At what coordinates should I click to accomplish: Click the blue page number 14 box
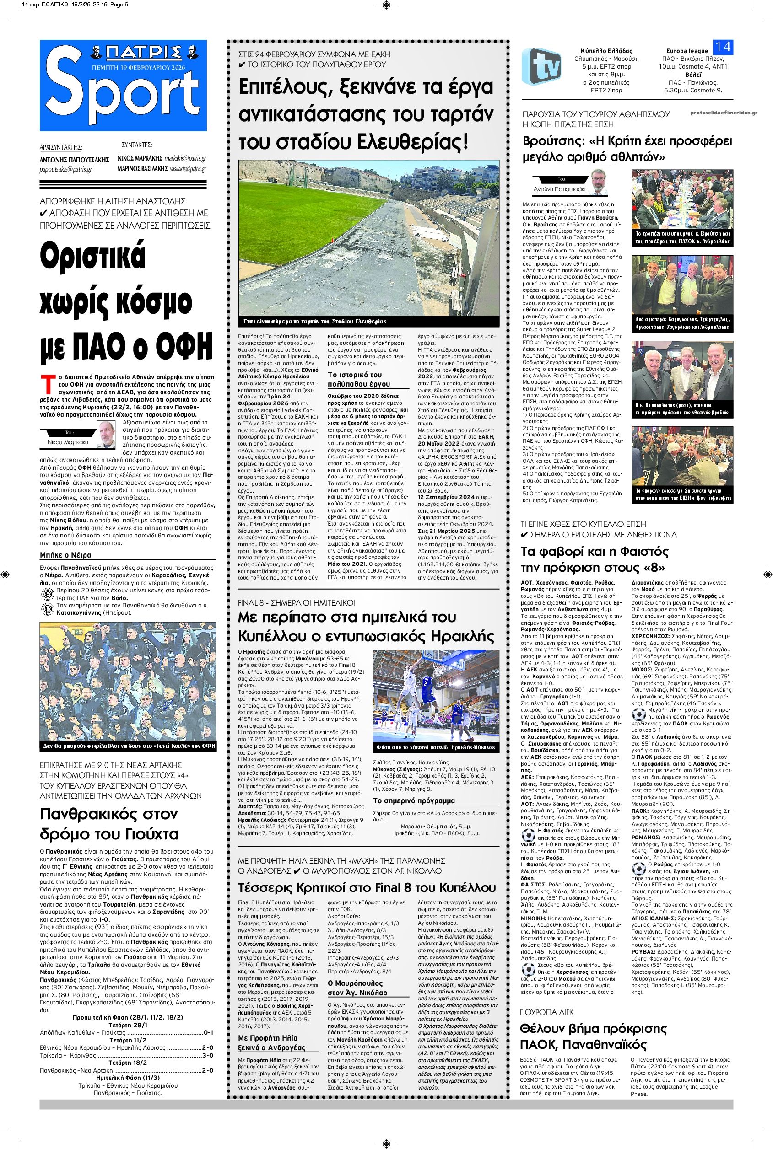click(x=723, y=47)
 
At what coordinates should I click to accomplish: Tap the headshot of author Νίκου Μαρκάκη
click(x=104, y=435)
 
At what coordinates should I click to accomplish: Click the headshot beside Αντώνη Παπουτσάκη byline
click(x=599, y=183)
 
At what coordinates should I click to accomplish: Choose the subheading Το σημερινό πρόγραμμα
click(x=407, y=800)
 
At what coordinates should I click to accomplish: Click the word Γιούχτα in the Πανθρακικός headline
click(x=152, y=834)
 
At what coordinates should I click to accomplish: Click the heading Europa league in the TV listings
click(x=687, y=51)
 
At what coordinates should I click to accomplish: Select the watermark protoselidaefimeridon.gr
click(x=727, y=113)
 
